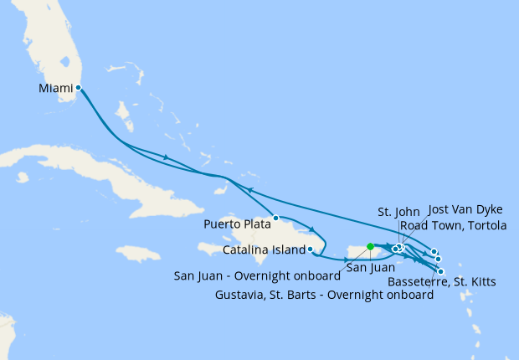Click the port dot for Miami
point(78,87)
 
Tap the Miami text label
point(56,87)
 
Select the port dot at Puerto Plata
point(275,218)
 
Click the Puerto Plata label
point(237,224)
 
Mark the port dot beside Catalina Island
point(311,249)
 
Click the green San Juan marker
point(370,246)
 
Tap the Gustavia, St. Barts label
point(324,295)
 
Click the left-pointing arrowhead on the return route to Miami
point(248,191)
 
